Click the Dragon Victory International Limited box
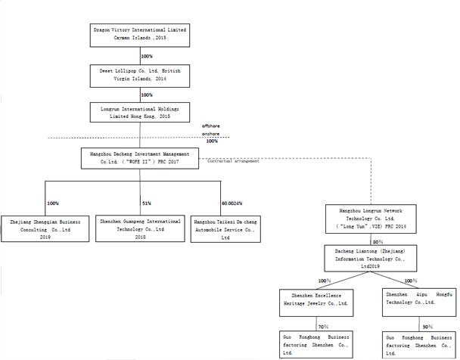tap(138, 33)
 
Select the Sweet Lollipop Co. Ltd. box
tap(138, 73)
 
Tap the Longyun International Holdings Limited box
tap(138, 113)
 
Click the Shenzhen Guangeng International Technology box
tap(140, 228)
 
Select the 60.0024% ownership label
tap(232, 203)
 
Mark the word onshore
tap(210, 133)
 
